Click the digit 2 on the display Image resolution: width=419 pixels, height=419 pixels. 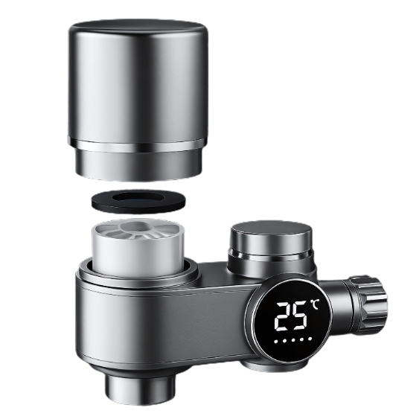[284, 316]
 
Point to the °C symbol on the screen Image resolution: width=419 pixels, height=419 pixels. [315, 304]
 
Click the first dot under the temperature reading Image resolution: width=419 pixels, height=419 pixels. [276, 342]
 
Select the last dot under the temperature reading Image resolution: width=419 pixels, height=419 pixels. [310, 339]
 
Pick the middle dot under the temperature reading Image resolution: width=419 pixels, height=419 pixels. [293, 340]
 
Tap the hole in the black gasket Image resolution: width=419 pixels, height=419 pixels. [138, 198]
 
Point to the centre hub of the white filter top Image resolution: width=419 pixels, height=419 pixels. [138, 226]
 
